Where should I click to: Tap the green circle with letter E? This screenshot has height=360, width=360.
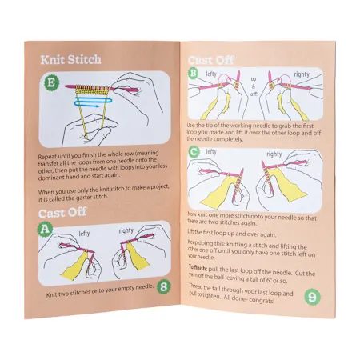(53, 82)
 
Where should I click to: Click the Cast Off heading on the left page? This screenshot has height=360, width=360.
(74, 213)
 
